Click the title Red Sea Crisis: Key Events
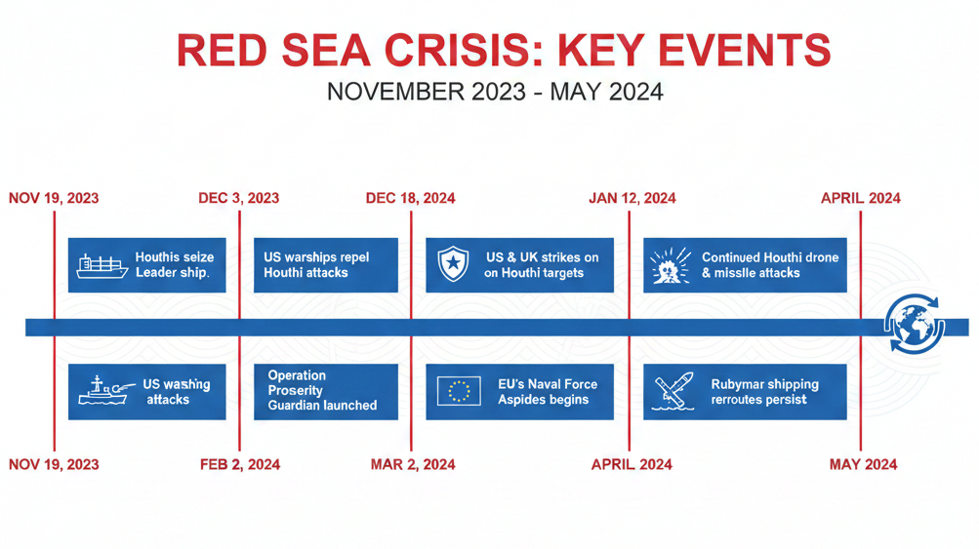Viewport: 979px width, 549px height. [x=504, y=51]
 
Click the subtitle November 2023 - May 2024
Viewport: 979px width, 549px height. [x=494, y=93]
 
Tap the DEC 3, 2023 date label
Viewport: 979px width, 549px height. [x=238, y=198]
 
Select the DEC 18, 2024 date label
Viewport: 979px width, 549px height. [x=410, y=198]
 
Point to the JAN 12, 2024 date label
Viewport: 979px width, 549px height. [x=632, y=198]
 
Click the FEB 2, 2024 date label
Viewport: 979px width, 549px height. [x=239, y=464]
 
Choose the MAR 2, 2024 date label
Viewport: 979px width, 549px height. [x=412, y=464]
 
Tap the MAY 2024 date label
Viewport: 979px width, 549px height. [x=863, y=464]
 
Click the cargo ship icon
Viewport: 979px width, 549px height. [x=102, y=265]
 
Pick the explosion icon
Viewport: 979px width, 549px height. [x=670, y=265]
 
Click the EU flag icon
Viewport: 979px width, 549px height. [x=459, y=391]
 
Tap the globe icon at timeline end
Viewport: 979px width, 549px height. [x=915, y=324]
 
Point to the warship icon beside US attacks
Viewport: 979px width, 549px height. [x=102, y=392]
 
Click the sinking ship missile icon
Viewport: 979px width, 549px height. [x=673, y=392]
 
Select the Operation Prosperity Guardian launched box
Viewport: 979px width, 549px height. [x=325, y=391]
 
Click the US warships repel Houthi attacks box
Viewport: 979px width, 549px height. [x=325, y=265]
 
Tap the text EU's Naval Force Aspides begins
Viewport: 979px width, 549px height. [x=548, y=392]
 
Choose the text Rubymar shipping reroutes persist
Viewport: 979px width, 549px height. [x=764, y=392]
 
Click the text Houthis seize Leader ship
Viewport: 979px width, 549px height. [x=174, y=265]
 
